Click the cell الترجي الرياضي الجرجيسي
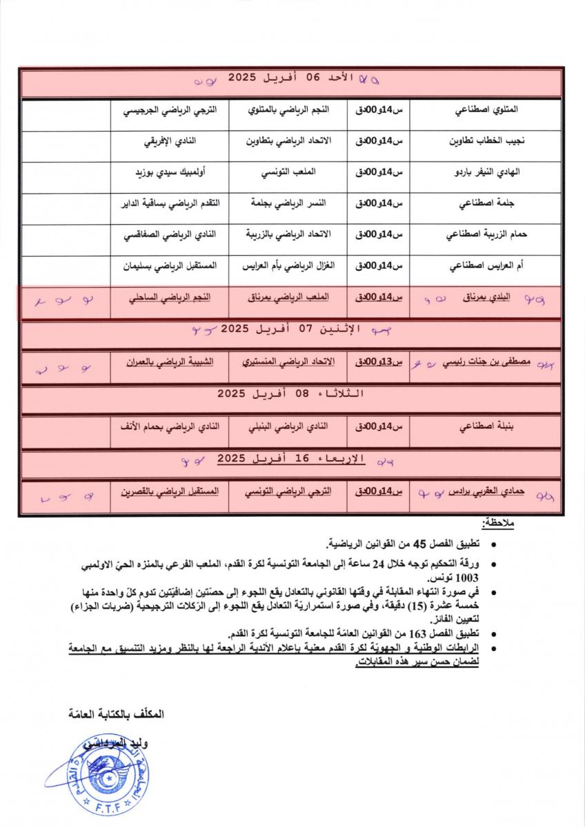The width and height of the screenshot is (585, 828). click(x=170, y=110)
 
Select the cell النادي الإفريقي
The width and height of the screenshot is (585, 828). click(x=170, y=141)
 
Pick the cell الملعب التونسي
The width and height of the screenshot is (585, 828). click(x=289, y=172)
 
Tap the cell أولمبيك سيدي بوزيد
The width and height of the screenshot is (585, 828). click(x=170, y=172)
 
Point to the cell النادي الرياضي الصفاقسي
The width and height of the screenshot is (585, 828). click(x=170, y=234)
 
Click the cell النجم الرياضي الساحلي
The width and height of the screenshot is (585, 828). click(x=170, y=297)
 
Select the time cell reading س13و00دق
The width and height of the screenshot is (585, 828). click(x=378, y=362)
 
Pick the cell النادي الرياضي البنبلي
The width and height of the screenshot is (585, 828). click(x=289, y=426)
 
